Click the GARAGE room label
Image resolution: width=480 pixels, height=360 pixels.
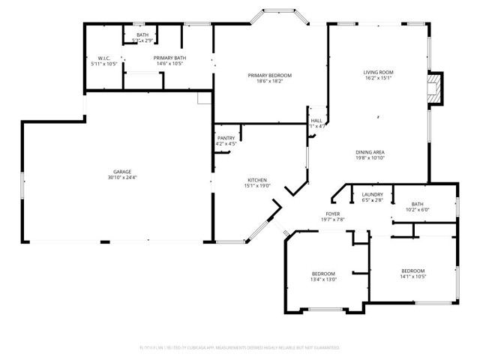pos(117,172)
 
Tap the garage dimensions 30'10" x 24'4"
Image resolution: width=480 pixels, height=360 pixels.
pos(117,178)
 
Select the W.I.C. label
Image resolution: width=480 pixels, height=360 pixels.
pos(103,58)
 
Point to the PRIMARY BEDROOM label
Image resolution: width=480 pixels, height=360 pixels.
pos(270,75)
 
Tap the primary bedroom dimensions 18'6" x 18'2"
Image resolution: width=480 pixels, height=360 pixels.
pos(270,81)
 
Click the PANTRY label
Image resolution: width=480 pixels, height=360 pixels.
pos(226,138)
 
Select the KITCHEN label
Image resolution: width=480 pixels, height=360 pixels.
pos(258,180)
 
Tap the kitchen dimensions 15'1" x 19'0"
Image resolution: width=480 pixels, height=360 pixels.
pos(258,186)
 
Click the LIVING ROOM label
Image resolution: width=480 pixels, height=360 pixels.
pos(379,72)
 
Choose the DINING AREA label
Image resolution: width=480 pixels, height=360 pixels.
pos(370,152)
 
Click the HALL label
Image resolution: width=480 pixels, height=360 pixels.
pos(317,120)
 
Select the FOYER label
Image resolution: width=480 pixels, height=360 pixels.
pos(333,214)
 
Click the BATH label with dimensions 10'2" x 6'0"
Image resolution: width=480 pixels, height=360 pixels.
pos(417,204)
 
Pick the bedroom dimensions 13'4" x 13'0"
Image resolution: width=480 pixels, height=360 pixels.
pos(324,279)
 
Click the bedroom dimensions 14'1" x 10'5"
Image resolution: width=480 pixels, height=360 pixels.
pos(412,276)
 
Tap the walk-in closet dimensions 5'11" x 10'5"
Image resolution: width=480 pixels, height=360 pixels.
pos(103,64)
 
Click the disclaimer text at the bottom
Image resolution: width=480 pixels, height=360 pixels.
pos(240,348)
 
